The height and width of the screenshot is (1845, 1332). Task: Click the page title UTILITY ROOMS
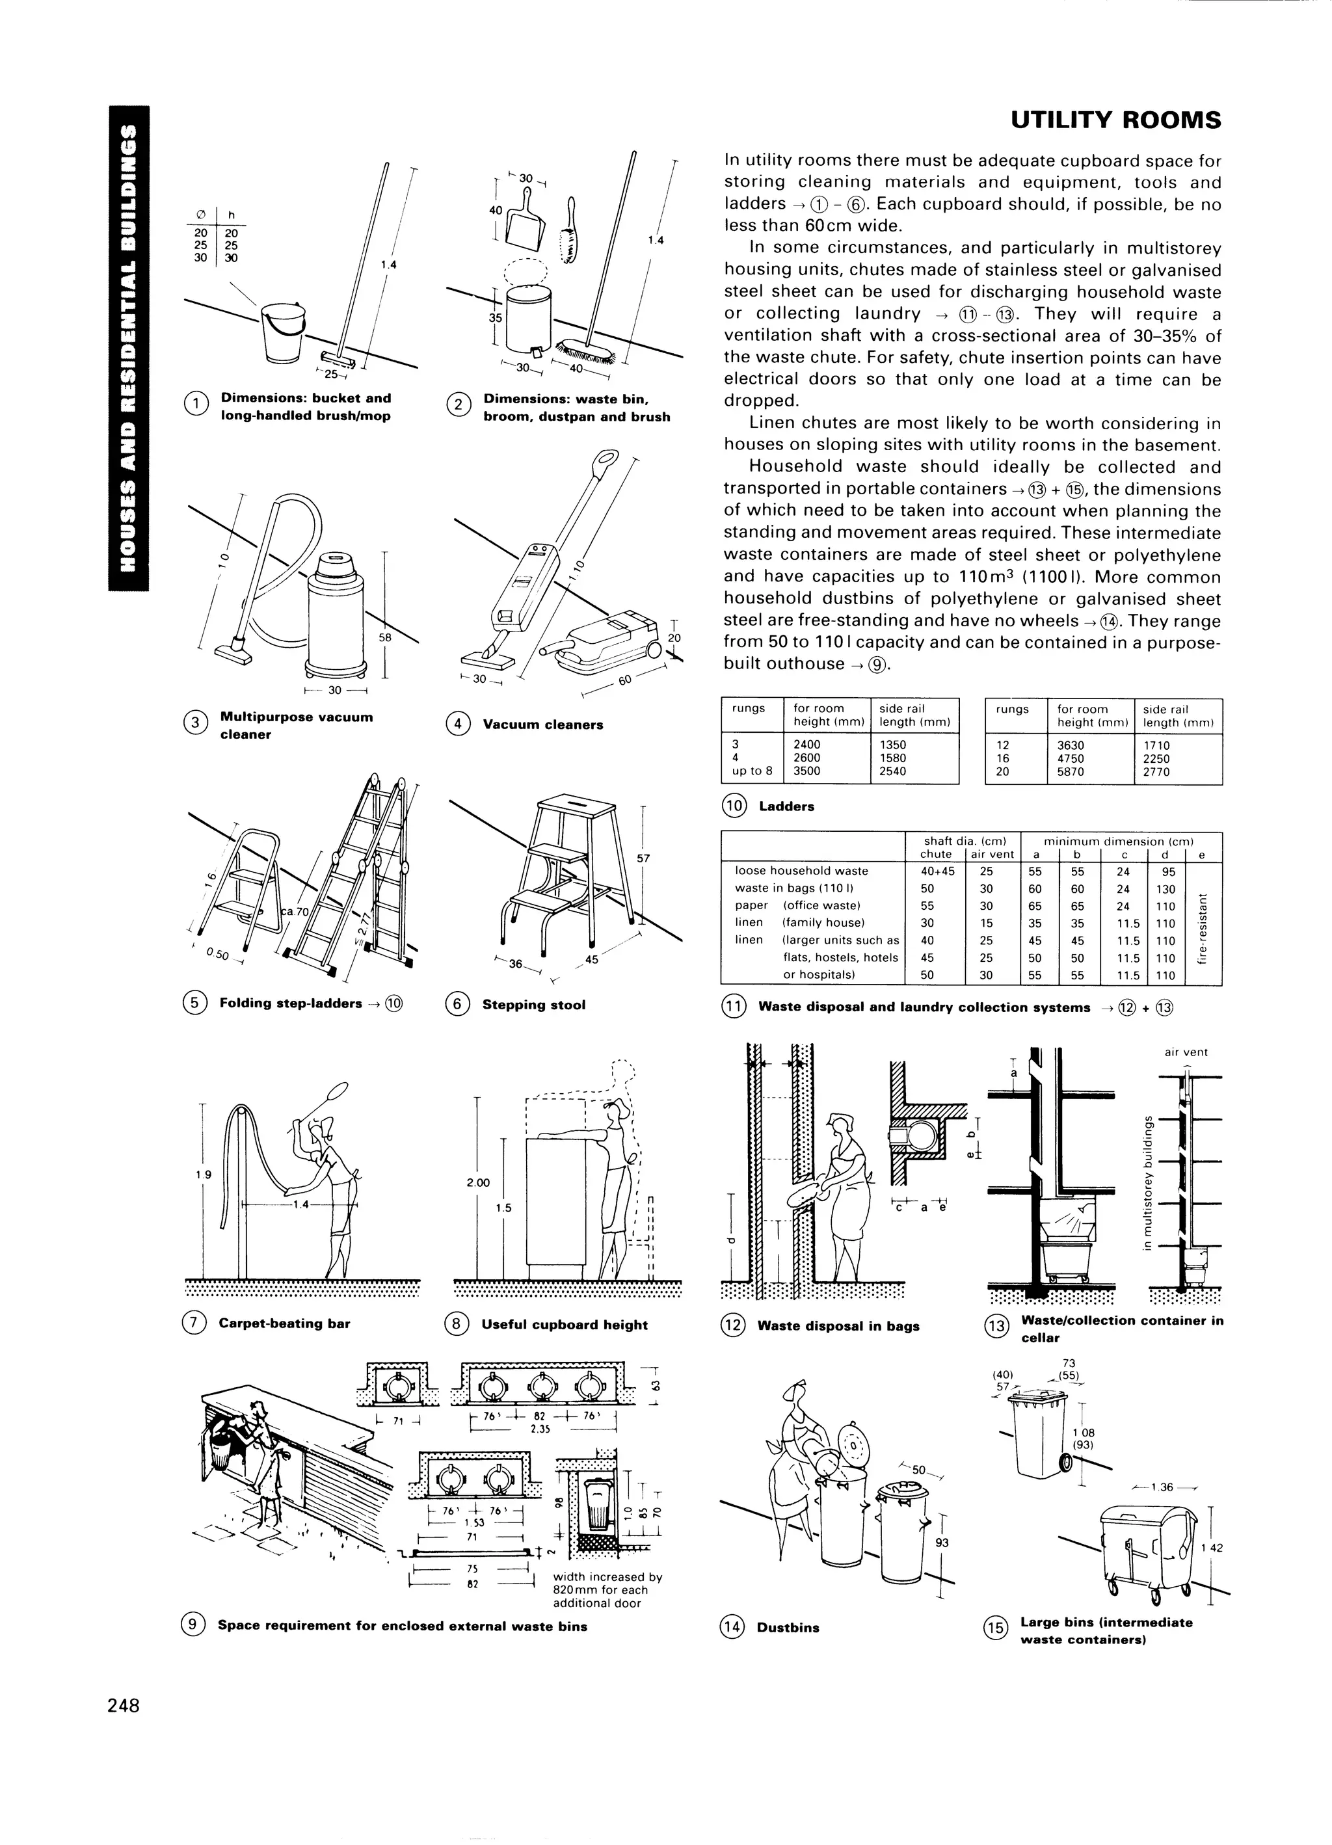(x=1115, y=120)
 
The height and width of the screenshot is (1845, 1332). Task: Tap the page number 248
(x=124, y=1705)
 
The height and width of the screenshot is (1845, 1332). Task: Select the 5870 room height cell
(x=1071, y=772)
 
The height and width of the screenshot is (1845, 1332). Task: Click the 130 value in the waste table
(x=1165, y=889)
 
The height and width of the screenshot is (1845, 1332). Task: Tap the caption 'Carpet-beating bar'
(x=284, y=1323)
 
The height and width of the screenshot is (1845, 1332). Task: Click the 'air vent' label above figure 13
(x=1186, y=1052)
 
